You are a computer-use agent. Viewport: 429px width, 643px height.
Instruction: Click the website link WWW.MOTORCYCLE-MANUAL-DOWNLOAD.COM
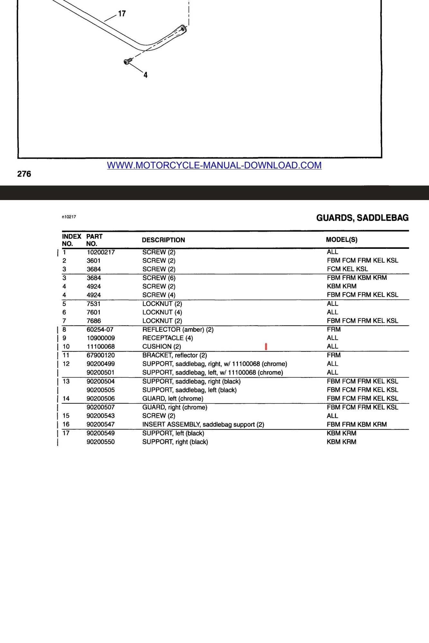click(x=214, y=165)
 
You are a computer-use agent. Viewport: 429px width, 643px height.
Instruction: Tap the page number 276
click(x=24, y=174)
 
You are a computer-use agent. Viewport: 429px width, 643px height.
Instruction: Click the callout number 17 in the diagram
click(x=122, y=14)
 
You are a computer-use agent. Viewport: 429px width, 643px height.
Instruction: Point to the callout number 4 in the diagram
click(x=145, y=75)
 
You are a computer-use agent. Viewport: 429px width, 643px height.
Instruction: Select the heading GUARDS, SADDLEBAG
click(x=362, y=218)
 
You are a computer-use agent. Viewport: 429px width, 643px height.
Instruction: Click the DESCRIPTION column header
click(x=163, y=240)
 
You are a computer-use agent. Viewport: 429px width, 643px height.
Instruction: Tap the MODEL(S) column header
click(x=342, y=240)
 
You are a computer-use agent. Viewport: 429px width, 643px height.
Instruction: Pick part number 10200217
click(x=101, y=252)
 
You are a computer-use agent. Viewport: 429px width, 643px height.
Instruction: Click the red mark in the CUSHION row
click(x=266, y=347)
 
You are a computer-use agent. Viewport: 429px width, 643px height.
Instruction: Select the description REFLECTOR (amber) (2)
click(x=178, y=330)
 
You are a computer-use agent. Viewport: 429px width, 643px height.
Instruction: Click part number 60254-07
click(x=100, y=330)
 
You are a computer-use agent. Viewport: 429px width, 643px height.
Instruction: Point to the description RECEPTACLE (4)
click(x=168, y=338)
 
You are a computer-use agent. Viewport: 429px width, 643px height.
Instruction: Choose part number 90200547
click(x=101, y=424)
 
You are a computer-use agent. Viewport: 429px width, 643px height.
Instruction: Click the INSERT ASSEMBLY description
click(x=203, y=424)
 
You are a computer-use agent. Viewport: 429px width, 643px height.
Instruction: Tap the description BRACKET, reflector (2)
click(x=175, y=355)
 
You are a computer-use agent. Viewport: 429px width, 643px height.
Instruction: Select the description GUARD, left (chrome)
click(x=173, y=399)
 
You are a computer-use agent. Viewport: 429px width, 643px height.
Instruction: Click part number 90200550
click(x=101, y=442)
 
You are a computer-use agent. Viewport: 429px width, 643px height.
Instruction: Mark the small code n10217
click(x=69, y=217)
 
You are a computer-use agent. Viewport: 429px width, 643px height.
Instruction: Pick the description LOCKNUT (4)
click(x=162, y=312)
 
